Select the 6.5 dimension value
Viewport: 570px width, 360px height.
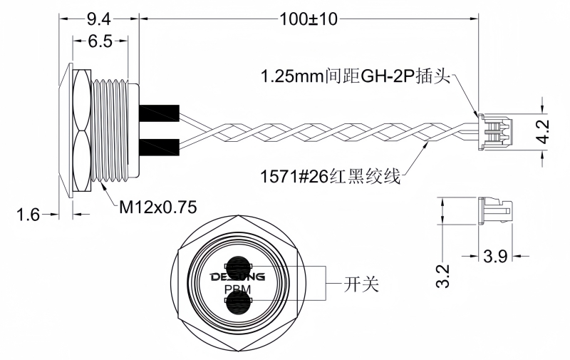[100, 41]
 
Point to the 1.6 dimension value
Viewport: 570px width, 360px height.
[28, 214]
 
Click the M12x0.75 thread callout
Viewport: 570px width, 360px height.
[157, 207]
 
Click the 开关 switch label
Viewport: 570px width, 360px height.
[361, 285]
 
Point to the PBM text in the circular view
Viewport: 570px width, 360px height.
[237, 289]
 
